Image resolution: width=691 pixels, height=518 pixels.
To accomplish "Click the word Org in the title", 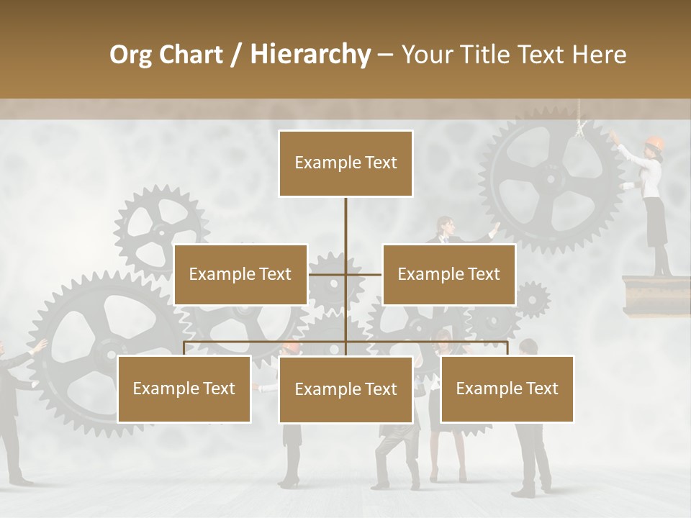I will pos(131,55).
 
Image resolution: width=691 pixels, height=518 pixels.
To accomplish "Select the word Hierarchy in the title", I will pos(310,55).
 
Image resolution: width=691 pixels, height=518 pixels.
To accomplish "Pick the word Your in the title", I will pos(428,55).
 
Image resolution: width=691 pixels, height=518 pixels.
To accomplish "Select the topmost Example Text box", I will pos(345,163).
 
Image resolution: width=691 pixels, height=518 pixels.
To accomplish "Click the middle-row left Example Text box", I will pos(240,274).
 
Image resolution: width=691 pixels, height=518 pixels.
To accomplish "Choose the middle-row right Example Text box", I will pos(448,274).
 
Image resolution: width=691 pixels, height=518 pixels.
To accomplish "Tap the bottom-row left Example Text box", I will pos(184,388).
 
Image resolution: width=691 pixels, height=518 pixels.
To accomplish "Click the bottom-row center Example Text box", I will pos(345,389).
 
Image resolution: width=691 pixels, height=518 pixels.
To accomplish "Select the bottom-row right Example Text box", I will pos(507,388).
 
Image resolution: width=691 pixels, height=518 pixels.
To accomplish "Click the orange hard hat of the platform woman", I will pos(654,142).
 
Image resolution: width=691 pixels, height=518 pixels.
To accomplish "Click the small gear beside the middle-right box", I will pos(532,299).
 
